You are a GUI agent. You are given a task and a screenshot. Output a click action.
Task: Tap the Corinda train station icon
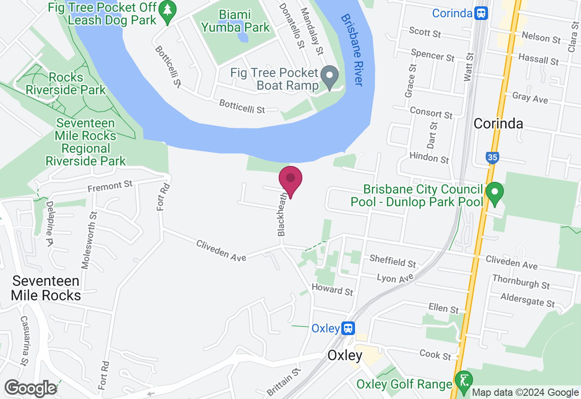point(481,13)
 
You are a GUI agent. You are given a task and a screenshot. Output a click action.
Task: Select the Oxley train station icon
point(348,328)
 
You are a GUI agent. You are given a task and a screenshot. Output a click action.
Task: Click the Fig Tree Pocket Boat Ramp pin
point(330,77)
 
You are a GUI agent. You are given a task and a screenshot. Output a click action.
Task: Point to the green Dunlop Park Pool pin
point(494,193)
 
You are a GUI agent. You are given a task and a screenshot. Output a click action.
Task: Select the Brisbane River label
point(352,50)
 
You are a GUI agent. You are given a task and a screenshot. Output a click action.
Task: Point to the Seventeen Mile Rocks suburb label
point(46,288)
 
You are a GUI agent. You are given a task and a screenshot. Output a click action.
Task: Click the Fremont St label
point(110,185)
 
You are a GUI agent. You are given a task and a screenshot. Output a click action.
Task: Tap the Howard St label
point(332,289)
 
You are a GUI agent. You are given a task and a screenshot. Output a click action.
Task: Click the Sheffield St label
point(393,261)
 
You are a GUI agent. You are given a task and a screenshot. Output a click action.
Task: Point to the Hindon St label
point(429,157)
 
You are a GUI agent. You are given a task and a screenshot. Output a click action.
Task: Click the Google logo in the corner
point(30,388)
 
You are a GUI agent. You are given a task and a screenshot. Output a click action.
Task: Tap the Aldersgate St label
point(527,300)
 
